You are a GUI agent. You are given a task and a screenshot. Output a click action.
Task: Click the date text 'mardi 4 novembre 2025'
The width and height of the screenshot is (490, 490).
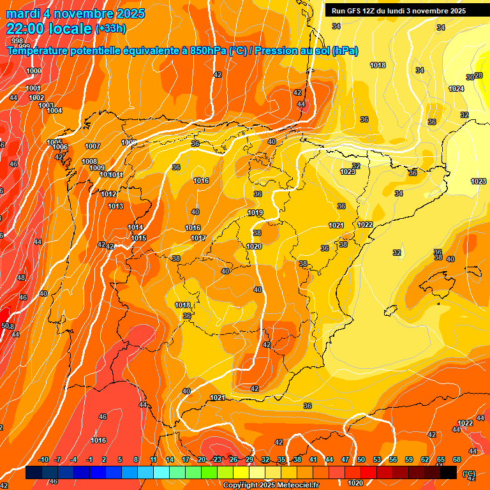click(x=76, y=13)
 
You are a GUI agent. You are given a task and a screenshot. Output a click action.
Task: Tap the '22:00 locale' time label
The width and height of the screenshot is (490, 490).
click(x=49, y=28)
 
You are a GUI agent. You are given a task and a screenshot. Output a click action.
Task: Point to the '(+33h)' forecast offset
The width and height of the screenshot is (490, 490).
click(x=110, y=28)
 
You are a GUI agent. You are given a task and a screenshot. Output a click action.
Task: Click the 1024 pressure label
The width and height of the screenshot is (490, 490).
click(x=456, y=89)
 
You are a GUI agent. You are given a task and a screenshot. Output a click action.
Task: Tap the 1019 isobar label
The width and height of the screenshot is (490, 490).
click(x=255, y=213)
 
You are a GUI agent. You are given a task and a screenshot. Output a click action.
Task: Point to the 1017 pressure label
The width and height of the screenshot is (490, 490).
click(x=198, y=238)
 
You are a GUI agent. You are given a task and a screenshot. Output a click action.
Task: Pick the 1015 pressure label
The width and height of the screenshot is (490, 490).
click(x=139, y=238)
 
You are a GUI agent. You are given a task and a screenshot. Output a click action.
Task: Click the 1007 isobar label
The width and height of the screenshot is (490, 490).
click(x=93, y=146)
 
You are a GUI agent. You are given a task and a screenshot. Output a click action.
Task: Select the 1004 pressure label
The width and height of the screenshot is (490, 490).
click(x=54, y=111)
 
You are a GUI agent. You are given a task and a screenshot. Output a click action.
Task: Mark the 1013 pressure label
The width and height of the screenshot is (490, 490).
click(x=115, y=206)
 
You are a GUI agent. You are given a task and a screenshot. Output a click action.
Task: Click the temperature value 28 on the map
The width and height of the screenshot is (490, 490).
click(x=479, y=75)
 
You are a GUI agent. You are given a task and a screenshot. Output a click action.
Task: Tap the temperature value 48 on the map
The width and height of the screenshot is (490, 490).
click(x=21, y=278)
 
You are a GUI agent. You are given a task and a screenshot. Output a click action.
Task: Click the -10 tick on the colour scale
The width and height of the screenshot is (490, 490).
click(x=43, y=459)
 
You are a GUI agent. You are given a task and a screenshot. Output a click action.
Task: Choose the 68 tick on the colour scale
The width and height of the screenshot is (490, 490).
click(x=457, y=459)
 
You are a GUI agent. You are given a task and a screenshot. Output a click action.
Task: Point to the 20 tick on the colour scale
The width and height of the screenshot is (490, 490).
click(x=202, y=459)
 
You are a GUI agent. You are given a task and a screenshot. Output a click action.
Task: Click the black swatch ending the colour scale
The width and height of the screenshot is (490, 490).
click(x=449, y=472)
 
